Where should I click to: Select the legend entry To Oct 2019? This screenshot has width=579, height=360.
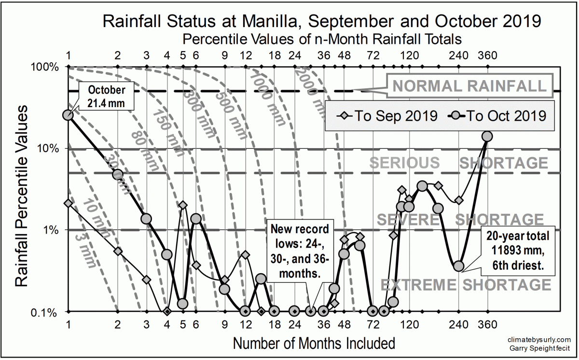click(497, 116)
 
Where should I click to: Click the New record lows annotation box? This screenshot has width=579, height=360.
click(299, 251)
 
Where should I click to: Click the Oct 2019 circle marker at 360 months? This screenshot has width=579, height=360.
click(487, 137)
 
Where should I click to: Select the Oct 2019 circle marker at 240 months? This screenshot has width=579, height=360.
click(459, 266)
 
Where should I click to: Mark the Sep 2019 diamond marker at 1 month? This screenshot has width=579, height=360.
click(68, 204)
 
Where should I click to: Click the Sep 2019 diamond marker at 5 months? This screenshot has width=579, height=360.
click(182, 205)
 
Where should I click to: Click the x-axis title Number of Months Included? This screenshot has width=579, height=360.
click(314, 344)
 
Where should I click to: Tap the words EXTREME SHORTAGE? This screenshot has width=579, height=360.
click(466, 285)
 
